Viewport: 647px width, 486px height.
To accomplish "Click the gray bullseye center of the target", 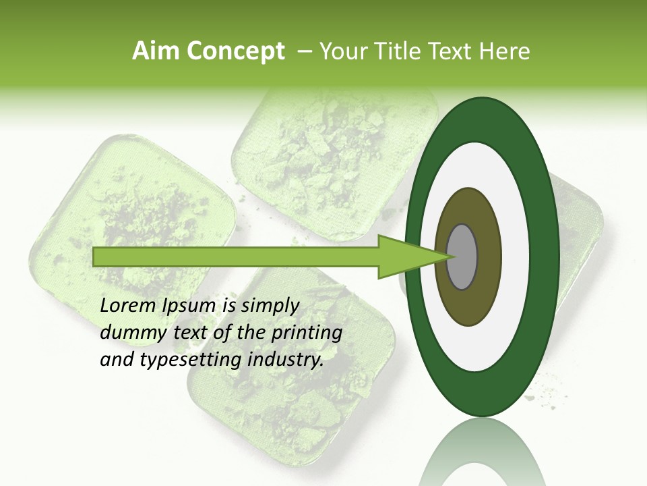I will [x=462, y=256].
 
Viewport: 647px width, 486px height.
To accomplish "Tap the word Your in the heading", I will [x=342, y=51].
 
